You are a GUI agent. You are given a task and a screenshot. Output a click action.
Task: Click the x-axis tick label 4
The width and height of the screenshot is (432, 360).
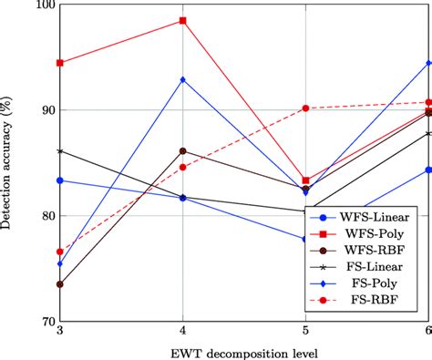[183, 331]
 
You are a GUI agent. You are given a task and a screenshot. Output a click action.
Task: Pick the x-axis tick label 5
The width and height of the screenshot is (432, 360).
[305, 331]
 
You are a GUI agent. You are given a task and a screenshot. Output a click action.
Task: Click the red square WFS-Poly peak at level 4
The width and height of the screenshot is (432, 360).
[183, 20]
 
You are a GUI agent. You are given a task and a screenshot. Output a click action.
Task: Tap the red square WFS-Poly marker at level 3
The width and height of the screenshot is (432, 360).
[60, 63]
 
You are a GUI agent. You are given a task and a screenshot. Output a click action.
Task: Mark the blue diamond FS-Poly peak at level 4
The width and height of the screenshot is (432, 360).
[183, 79]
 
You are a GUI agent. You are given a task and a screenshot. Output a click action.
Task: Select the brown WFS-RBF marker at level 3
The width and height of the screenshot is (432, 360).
[60, 284]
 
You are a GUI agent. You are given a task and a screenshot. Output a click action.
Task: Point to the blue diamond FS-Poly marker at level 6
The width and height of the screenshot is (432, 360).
[428, 63]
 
